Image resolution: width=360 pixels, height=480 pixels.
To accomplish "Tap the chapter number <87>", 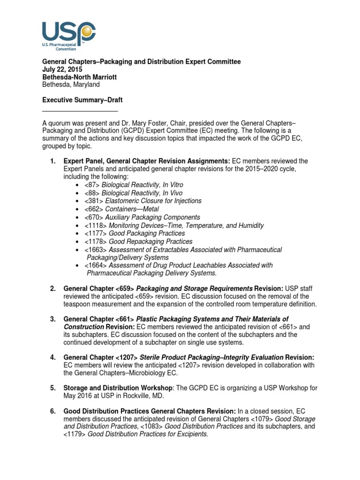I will pyautogui.click(x=92, y=185).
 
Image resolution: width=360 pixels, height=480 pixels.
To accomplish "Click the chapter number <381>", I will pyautogui.click(x=94, y=201).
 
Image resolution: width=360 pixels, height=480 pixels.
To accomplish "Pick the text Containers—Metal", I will pyautogui.click(x=132, y=209).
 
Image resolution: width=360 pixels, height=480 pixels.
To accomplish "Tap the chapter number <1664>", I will pyautogui.click(x=96, y=265).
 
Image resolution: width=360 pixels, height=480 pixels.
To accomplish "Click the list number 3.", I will pyautogui.click(x=53, y=319).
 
